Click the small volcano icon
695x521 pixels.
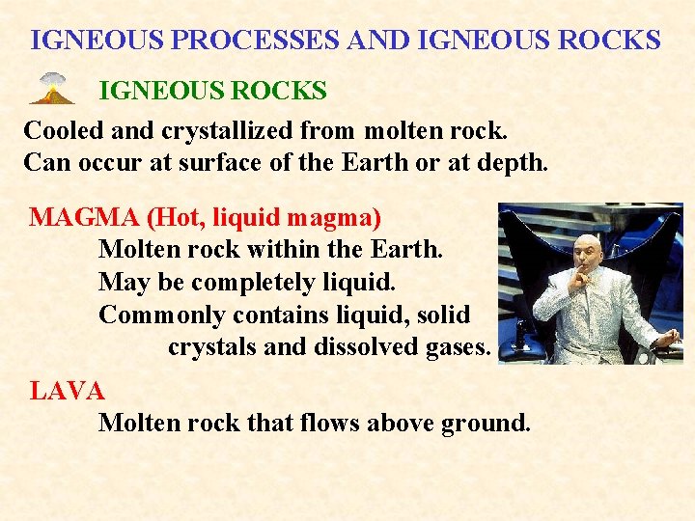[x=52, y=89]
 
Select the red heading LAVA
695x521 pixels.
[x=67, y=391]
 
